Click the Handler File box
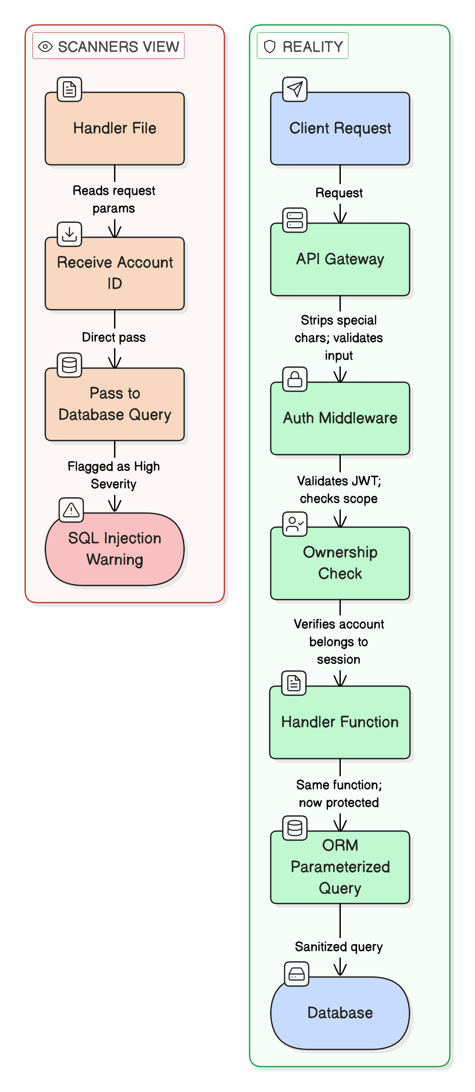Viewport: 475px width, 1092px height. [114, 128]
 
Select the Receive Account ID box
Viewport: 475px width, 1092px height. [114, 273]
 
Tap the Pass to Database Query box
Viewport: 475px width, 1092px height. [114, 404]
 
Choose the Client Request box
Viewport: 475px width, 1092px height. [340, 128]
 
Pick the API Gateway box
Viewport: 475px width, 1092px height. [340, 259]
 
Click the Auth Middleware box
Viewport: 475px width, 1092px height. [340, 418]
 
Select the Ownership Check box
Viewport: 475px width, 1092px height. [340, 563]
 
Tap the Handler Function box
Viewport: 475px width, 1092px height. [340, 722]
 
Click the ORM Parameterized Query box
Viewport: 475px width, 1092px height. [340, 867]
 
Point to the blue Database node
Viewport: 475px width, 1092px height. [340, 1013]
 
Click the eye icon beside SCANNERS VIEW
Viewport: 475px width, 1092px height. [45, 46]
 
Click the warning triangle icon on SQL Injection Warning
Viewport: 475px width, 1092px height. [71, 510]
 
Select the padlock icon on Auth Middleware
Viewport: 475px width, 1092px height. [295, 379]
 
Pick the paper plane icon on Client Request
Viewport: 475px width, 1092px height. [295, 89]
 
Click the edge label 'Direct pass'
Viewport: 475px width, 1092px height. [114, 337]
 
